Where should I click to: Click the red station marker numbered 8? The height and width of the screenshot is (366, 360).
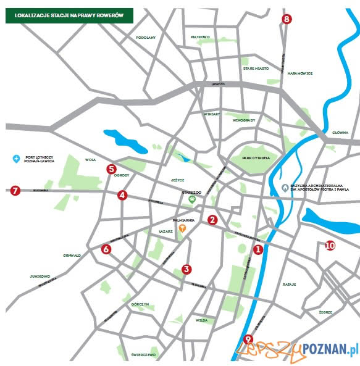pos(286,19)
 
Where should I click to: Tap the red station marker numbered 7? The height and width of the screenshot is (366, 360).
pos(15,191)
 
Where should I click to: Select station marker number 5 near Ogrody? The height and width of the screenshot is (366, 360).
pos(112,168)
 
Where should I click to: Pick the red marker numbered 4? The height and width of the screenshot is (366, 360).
pos(122,195)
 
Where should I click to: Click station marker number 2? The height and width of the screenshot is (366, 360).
pos(212,219)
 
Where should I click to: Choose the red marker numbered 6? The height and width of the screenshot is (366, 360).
pos(106,249)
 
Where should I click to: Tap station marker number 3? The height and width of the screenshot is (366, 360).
pos(186,268)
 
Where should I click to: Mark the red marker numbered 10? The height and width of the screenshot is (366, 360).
pos(330,245)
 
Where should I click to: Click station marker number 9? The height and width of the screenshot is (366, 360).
pos(248,338)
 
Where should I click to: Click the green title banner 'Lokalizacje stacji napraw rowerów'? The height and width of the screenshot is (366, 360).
pos(69,15)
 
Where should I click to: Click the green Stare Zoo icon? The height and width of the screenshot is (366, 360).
pos(192,200)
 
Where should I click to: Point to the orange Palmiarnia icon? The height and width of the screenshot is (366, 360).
pos(182,228)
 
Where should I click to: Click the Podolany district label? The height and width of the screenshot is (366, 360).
pos(146,38)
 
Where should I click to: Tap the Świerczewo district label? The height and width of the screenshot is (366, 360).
pos(144,355)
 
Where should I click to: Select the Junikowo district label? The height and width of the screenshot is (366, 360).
pos(39,277)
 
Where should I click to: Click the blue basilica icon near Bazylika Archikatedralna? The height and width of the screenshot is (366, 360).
pos(284,186)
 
